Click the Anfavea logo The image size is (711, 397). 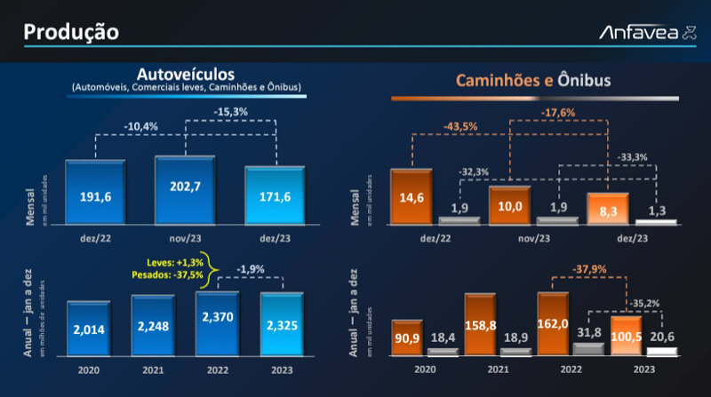click(639, 33)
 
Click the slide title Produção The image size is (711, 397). click(71, 32)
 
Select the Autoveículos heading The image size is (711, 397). click(186, 72)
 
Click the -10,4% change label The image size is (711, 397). click(141, 126)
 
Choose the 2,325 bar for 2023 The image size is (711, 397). click(282, 327)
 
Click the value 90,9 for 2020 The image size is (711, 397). click(407, 334)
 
